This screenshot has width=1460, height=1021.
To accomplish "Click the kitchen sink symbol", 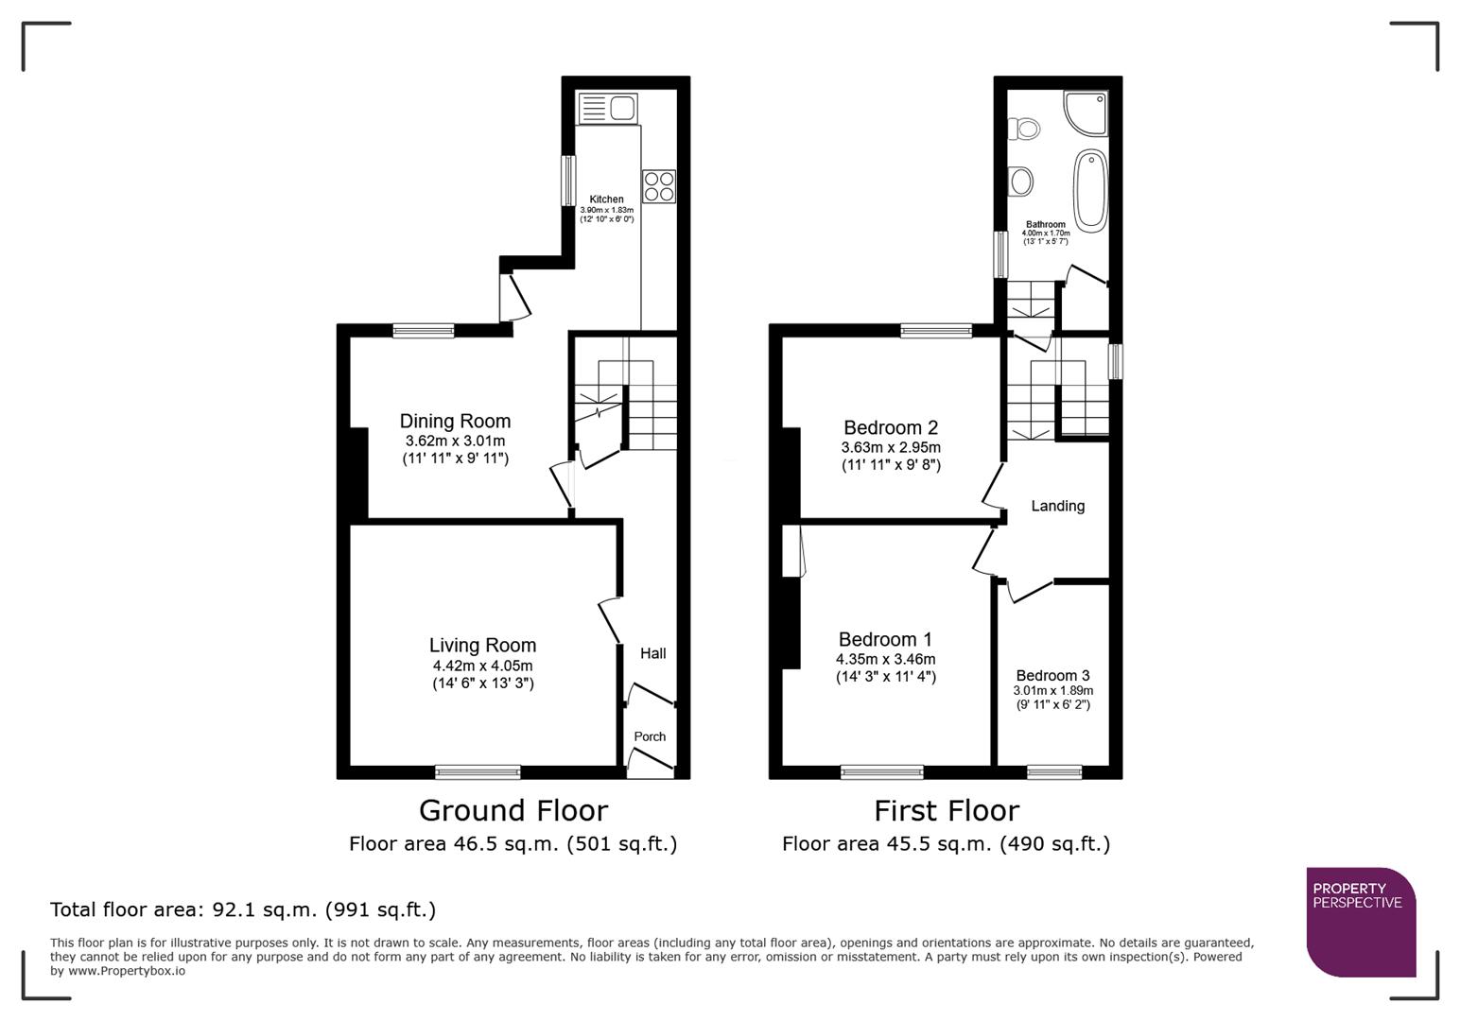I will pyautogui.click(x=608, y=108).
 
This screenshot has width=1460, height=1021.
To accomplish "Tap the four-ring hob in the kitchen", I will pyautogui.click(x=659, y=185).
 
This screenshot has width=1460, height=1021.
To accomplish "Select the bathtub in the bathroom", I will pyautogui.click(x=1090, y=190).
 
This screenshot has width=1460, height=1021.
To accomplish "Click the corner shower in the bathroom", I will pyautogui.click(x=1086, y=112).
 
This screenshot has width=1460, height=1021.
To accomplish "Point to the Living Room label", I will pyautogui.click(x=482, y=645).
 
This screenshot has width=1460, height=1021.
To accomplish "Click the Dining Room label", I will pyautogui.click(x=455, y=421).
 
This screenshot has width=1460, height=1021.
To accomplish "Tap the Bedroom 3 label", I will pyautogui.click(x=1052, y=675).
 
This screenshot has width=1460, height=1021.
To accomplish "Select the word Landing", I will pyautogui.click(x=1057, y=506).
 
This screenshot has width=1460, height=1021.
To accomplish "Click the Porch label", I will pyautogui.click(x=650, y=736).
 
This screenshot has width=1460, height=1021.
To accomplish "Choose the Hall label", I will pyautogui.click(x=652, y=653).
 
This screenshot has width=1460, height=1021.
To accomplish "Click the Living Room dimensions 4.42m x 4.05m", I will pyautogui.click(x=482, y=666).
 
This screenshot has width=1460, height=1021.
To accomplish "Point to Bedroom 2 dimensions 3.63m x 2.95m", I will pyautogui.click(x=891, y=447).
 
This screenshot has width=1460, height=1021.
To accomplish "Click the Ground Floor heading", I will pyautogui.click(x=513, y=810).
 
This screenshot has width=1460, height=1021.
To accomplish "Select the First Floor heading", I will pyautogui.click(x=946, y=810).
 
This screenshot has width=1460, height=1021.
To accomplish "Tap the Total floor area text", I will pyautogui.click(x=243, y=909).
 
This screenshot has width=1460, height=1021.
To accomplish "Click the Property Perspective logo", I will pyautogui.click(x=1360, y=922).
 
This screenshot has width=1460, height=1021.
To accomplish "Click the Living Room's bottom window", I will pyautogui.click(x=478, y=772).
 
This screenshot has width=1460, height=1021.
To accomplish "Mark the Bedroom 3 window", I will pyautogui.click(x=1054, y=772).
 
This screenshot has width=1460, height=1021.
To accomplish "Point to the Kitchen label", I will pyautogui.click(x=606, y=199).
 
